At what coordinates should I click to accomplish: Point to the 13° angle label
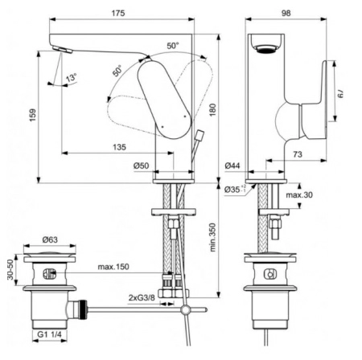(x=72, y=79)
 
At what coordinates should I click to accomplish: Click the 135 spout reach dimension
(x=119, y=146)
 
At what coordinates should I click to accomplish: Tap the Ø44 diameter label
(x=232, y=166)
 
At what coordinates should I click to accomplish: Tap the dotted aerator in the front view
(x=265, y=51)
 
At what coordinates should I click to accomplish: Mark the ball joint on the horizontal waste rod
(x=186, y=309)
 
